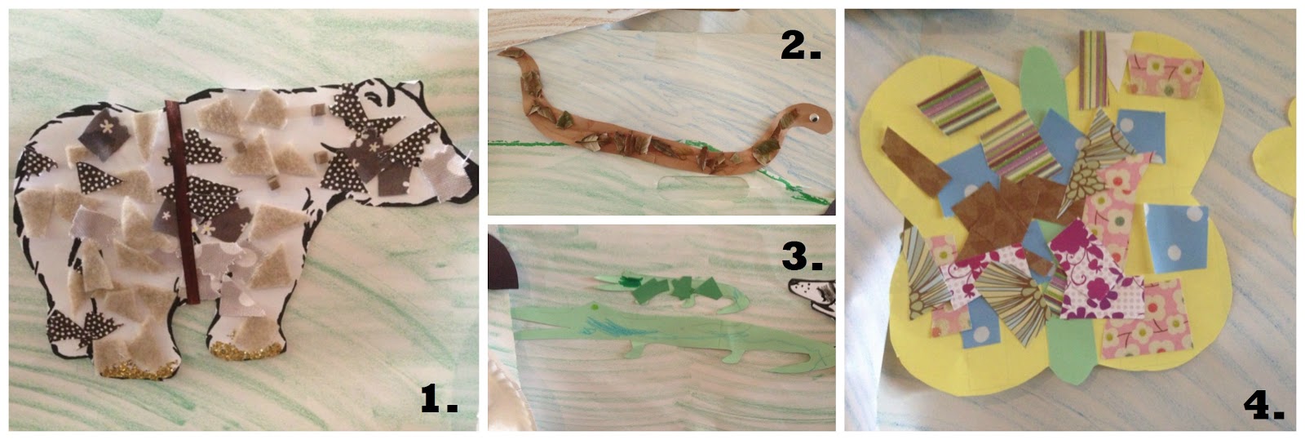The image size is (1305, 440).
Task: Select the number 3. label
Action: tap(802, 256)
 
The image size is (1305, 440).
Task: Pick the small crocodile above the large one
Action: tap(669, 291)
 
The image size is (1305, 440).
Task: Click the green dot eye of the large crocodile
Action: tap(595, 307)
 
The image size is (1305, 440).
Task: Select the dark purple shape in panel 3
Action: tap(501, 264)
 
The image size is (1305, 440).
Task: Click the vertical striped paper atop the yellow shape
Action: tap(1092, 70)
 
